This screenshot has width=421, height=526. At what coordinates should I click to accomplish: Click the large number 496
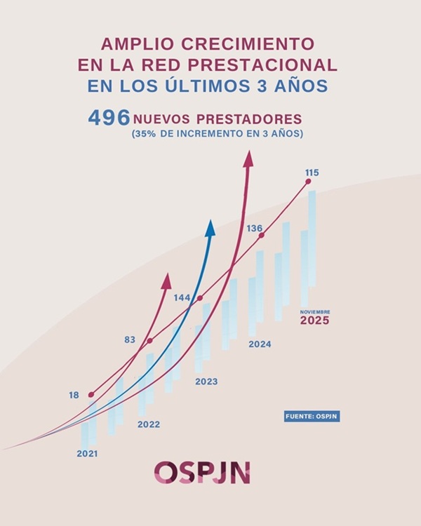click(109, 118)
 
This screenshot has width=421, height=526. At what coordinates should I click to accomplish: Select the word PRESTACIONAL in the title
click(276, 65)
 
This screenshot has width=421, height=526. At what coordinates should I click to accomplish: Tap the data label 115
click(312, 173)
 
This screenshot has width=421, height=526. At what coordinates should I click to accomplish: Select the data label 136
click(255, 228)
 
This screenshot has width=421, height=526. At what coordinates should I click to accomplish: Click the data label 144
click(182, 297)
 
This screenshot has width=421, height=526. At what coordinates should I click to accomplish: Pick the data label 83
click(130, 340)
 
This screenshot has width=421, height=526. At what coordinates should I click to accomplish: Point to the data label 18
click(74, 396)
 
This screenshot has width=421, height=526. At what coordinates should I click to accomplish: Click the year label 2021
click(87, 454)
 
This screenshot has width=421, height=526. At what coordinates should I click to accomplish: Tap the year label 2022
click(148, 424)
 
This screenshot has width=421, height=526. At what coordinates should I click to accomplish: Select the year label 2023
click(206, 382)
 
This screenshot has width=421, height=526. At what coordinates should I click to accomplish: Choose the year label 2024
click(260, 344)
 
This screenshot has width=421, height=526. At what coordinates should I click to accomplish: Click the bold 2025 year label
click(314, 321)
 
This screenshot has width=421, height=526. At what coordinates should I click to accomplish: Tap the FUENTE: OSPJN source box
click(312, 417)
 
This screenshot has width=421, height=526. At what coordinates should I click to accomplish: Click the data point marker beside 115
click(308, 182)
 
